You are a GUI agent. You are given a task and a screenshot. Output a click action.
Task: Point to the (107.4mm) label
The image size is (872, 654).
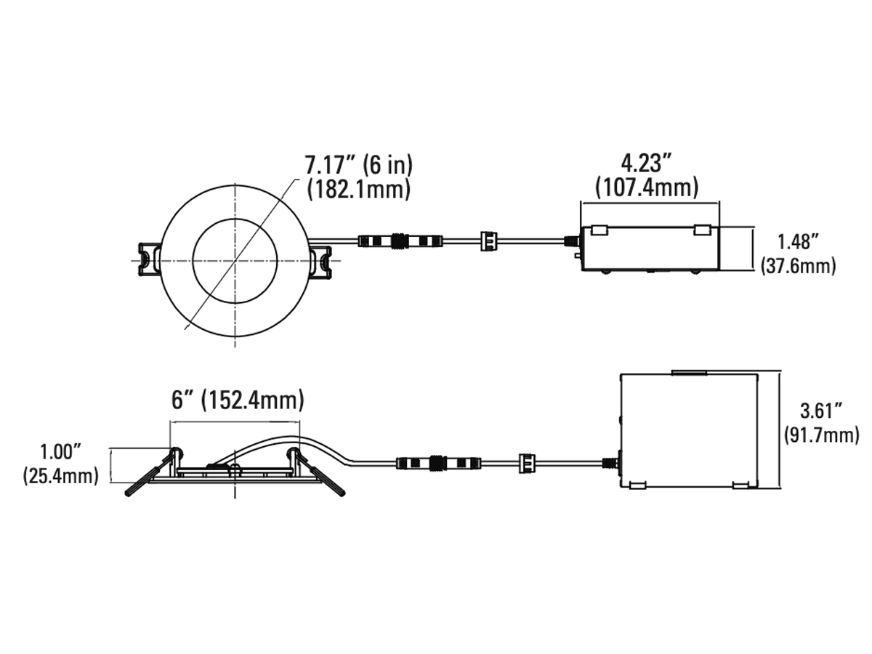point(646,187)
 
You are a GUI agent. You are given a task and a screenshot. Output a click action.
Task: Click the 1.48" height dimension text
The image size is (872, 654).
point(798,242)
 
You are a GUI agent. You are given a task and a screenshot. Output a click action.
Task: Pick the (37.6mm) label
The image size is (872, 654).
point(798,265)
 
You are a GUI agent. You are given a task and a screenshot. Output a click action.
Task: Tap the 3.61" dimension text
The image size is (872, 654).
point(821,411)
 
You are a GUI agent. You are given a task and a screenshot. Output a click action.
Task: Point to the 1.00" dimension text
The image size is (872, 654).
point(61,452)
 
